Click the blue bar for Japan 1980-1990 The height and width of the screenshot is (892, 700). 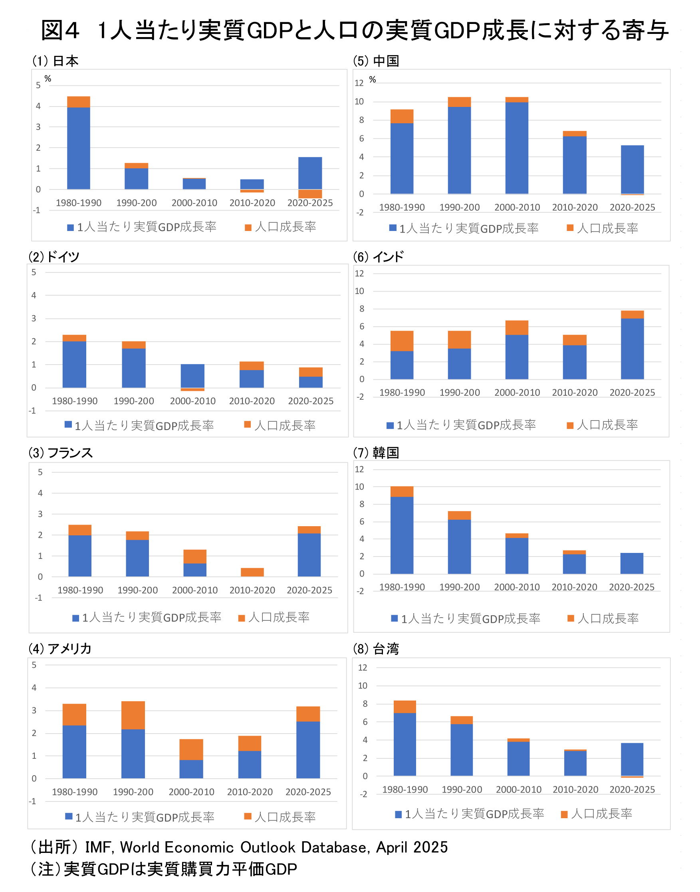[x=78, y=148]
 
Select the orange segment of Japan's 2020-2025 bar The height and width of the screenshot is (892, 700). [x=310, y=193]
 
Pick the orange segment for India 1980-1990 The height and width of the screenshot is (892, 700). [x=402, y=341]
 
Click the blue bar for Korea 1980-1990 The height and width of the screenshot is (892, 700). [x=402, y=535]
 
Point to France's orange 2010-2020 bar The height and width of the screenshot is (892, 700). [x=252, y=572]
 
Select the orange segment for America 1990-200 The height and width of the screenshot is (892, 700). [x=133, y=715]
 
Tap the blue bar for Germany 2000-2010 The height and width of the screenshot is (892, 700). [x=192, y=375]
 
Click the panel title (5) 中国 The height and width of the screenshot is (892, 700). [x=376, y=61]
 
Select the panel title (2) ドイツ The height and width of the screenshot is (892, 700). [x=54, y=257]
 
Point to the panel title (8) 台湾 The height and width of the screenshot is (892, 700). [x=376, y=648]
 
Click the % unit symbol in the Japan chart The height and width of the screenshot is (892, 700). [x=48, y=79]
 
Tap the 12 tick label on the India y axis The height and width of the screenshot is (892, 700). [x=359, y=273]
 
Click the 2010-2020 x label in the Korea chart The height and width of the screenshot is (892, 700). [x=574, y=587]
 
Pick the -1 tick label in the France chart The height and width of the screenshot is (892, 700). [x=38, y=598]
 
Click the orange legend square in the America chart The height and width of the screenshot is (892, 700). [x=248, y=816]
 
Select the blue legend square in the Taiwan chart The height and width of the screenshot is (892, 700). [x=398, y=814]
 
